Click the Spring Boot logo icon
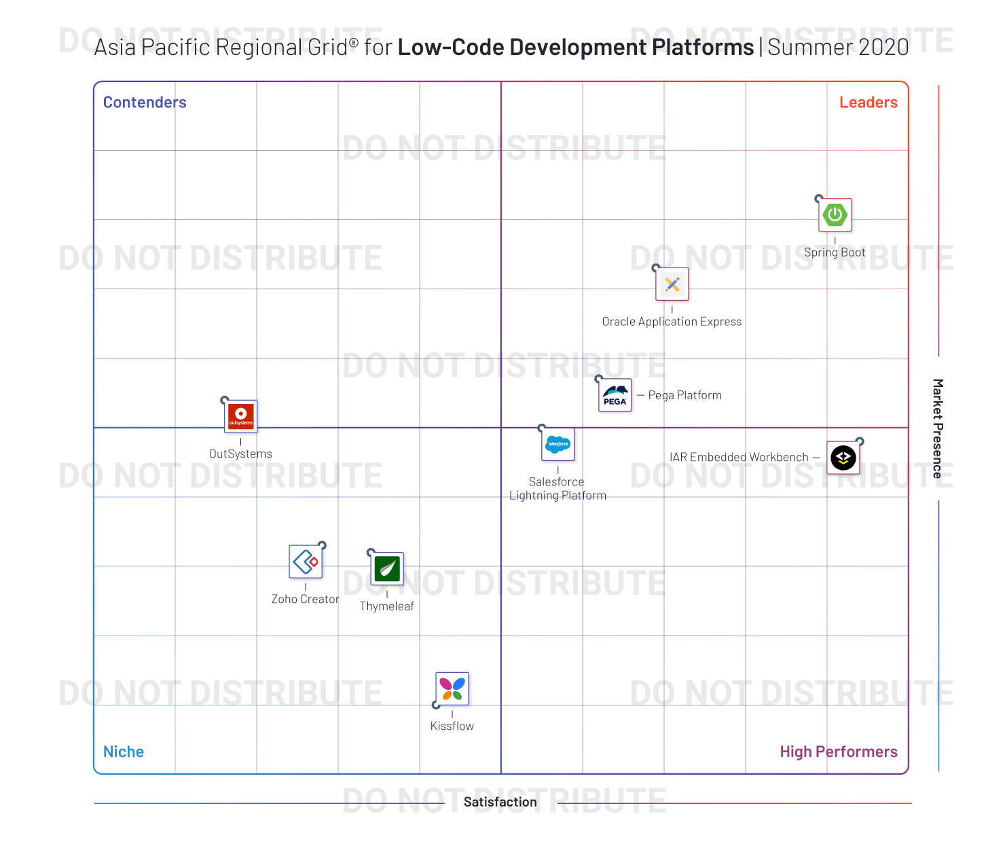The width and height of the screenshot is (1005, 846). tap(835, 215)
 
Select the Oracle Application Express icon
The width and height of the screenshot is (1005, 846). tap(672, 284)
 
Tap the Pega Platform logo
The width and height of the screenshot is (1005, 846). tap(615, 395)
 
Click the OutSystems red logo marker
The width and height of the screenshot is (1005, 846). tap(241, 416)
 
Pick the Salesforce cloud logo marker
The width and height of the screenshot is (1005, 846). tap(558, 444)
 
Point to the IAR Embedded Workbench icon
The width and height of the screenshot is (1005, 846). tap(843, 458)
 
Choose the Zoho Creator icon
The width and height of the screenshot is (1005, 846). tap(306, 562)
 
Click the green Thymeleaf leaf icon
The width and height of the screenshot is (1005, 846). tap(387, 568)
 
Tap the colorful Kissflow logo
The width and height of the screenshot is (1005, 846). tap(452, 689)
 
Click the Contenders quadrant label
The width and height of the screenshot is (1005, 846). tap(145, 103)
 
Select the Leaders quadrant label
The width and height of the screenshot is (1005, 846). tap(868, 103)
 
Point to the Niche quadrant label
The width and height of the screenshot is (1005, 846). tap(124, 752)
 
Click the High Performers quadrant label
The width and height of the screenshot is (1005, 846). tap(838, 752)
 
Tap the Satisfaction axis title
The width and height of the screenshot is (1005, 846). tap(500, 802)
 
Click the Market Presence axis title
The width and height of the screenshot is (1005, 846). tap(937, 428)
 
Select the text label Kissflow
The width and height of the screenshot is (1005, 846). tap(452, 726)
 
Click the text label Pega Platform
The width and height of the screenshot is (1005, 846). tap(684, 395)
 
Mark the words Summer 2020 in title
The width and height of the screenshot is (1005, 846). tap(838, 48)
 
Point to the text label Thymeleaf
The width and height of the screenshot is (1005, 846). tap(386, 606)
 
